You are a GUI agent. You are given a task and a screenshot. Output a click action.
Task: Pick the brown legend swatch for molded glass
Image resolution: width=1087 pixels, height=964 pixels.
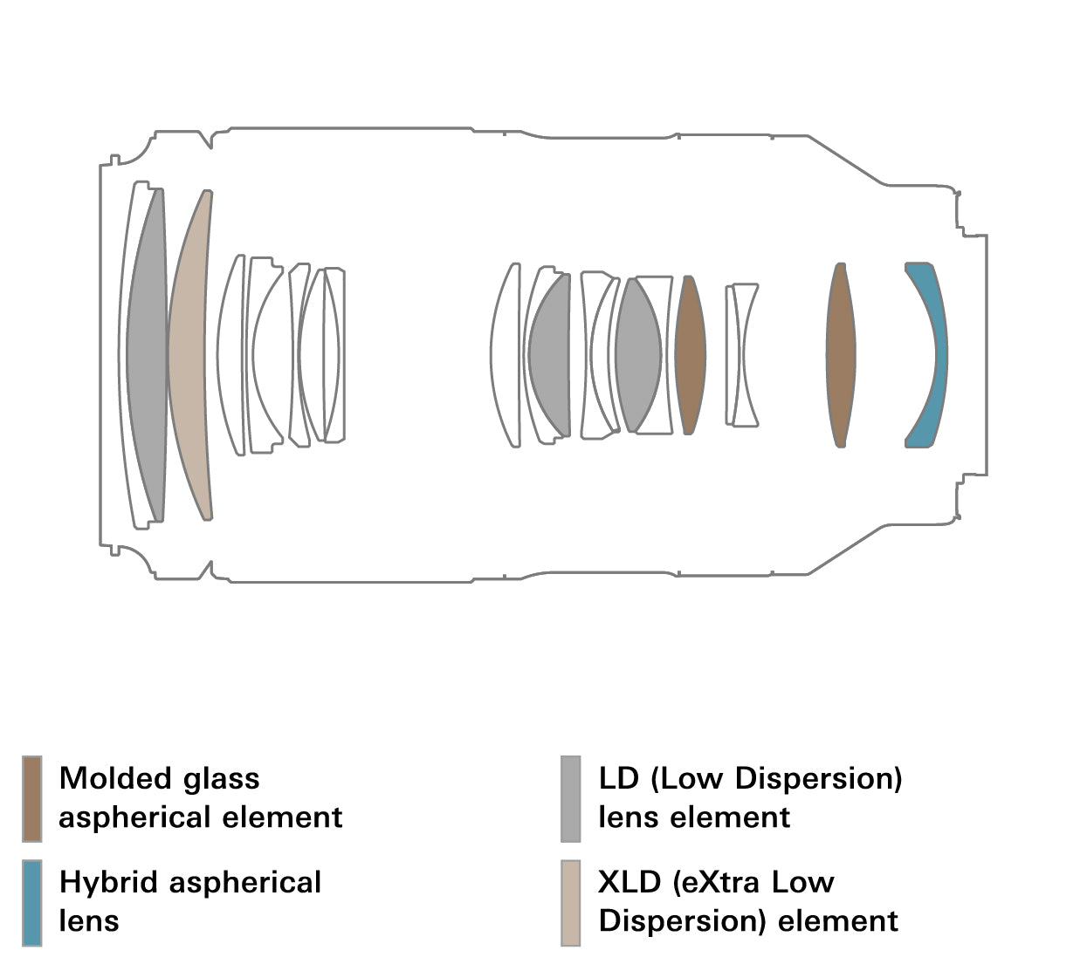pos(31,798)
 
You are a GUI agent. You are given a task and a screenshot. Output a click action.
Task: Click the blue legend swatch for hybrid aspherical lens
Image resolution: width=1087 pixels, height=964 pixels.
pos(31,902)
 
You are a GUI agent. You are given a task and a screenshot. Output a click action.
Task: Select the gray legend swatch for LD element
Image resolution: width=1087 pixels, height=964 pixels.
pos(570,798)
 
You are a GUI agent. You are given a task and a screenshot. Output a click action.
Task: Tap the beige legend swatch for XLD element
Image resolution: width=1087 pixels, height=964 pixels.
pos(570,902)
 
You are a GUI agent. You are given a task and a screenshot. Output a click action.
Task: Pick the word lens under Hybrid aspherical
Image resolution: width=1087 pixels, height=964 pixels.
pos(89,921)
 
